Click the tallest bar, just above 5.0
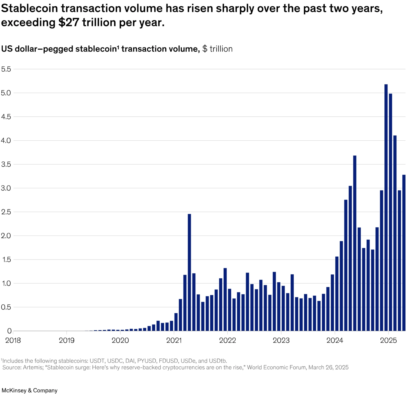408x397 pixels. [386, 207]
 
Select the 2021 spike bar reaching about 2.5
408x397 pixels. [189, 272]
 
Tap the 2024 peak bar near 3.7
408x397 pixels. [355, 243]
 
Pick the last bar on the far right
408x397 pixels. [404, 252]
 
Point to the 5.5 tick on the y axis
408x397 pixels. [6, 69]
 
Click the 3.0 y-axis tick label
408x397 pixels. [6, 188]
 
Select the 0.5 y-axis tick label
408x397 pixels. [6, 307]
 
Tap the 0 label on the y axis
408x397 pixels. [10, 331]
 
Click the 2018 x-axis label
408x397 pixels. [13, 340]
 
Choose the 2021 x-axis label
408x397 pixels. [174, 340]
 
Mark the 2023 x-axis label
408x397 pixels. [281, 340]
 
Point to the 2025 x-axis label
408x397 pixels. [388, 340]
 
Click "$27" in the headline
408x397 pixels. [69, 23]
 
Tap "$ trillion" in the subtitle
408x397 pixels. [217, 49]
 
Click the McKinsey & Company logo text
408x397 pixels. [29, 390]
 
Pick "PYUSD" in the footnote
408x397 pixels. [147, 361]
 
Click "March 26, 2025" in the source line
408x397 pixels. [328, 368]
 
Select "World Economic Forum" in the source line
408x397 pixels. [277, 368]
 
